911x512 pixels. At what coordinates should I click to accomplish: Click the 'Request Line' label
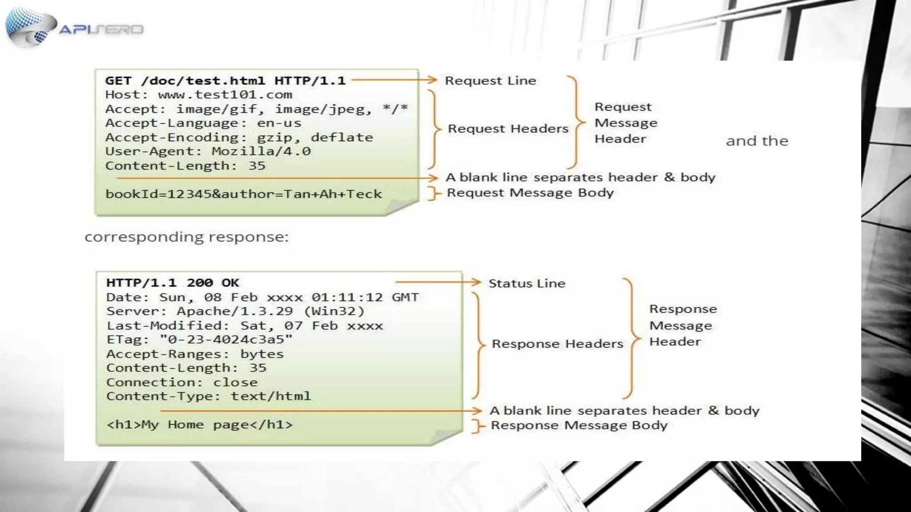click(x=490, y=81)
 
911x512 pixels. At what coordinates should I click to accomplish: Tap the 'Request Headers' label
click(x=508, y=129)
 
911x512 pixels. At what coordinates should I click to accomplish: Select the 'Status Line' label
click(x=527, y=284)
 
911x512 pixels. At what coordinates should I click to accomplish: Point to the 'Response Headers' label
click(x=557, y=344)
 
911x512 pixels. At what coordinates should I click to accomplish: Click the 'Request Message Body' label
click(x=530, y=193)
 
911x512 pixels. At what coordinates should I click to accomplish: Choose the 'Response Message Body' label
click(x=579, y=425)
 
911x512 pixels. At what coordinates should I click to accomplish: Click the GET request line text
click(x=225, y=81)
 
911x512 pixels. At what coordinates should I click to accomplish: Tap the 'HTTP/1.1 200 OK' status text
click(x=173, y=283)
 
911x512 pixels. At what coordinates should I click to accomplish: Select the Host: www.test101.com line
click(x=198, y=95)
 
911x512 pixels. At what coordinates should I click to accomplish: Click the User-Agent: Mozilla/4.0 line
click(x=208, y=152)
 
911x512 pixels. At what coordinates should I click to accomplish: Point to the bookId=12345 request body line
click(x=243, y=194)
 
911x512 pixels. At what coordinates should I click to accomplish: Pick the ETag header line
click(x=199, y=340)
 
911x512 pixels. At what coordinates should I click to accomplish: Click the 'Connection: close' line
click(x=181, y=382)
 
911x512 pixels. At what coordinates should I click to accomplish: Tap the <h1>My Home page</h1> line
click(x=199, y=425)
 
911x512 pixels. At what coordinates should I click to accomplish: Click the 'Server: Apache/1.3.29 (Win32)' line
click(x=235, y=311)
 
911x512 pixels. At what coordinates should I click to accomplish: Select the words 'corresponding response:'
click(x=186, y=237)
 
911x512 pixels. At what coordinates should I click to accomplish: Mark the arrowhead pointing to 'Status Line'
click(x=476, y=282)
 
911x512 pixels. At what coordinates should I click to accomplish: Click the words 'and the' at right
click(x=757, y=141)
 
